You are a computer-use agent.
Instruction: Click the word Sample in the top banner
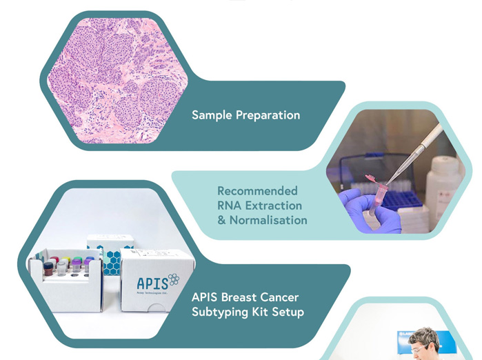(212, 115)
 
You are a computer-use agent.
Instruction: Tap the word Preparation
(268, 115)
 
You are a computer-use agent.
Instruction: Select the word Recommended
(257, 190)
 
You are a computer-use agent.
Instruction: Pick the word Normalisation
(268, 220)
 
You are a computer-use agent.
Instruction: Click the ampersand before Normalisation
(221, 220)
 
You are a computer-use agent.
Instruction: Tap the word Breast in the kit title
(239, 297)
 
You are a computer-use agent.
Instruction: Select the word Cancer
(279, 297)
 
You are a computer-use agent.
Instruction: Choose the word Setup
(288, 312)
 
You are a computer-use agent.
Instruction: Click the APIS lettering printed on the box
(152, 283)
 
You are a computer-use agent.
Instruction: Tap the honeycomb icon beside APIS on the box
(174, 279)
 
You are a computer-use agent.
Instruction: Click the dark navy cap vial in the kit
(48, 269)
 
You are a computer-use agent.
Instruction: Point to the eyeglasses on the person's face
(419, 349)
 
